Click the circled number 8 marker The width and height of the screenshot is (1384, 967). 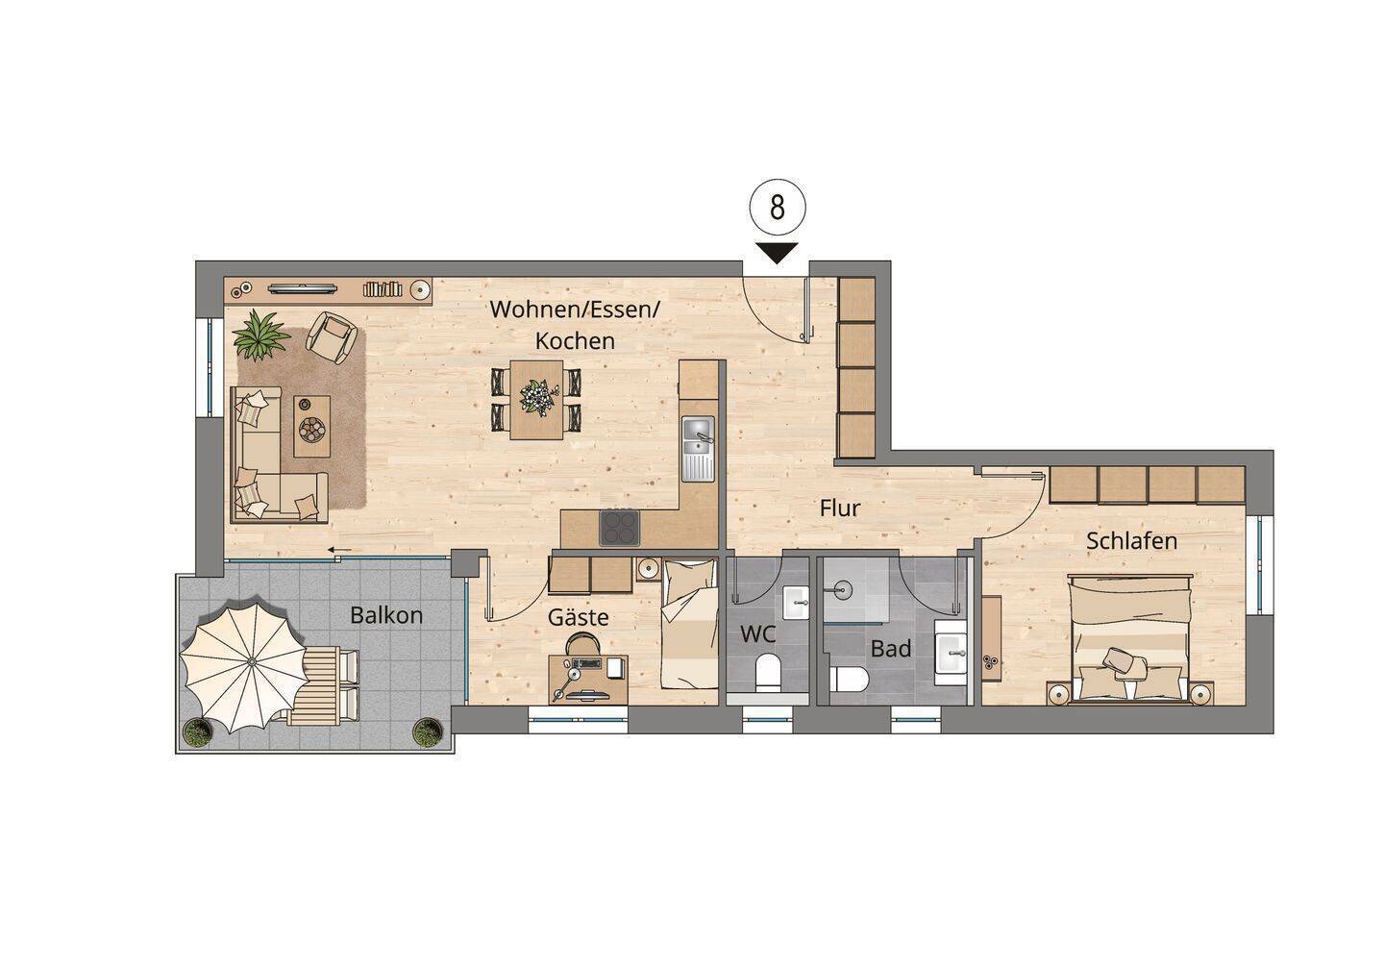(778, 208)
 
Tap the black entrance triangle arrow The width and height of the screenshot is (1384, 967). (777, 253)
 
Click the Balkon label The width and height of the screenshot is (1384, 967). (386, 615)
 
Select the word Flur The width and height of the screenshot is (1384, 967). (840, 508)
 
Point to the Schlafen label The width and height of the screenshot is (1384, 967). (1131, 541)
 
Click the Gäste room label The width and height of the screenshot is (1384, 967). (579, 617)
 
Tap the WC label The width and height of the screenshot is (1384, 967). (757, 634)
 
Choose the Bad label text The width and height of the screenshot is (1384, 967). (891, 649)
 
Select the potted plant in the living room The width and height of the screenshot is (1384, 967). (260, 335)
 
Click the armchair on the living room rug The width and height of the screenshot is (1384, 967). (332, 337)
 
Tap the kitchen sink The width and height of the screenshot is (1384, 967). (698, 449)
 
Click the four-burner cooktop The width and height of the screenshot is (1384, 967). (620, 529)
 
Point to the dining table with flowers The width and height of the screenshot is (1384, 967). (536, 400)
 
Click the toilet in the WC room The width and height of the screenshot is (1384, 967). (769, 673)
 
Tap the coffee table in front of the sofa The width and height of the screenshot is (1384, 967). (311, 427)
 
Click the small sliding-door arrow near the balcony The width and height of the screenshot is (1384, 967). (339, 550)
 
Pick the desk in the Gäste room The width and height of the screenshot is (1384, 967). (587, 679)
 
